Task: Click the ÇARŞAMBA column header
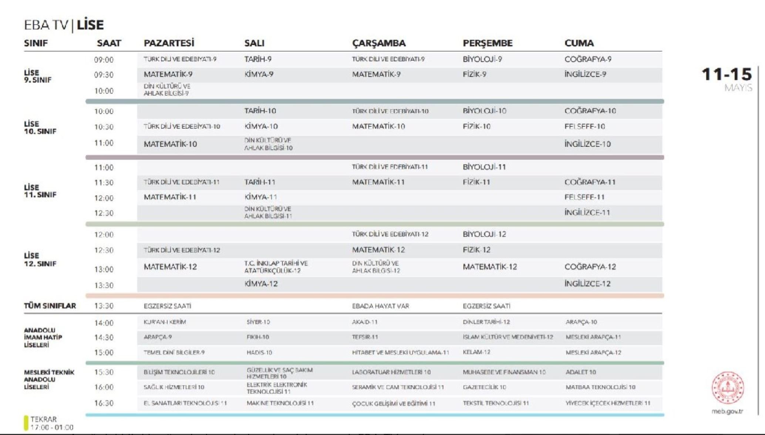378,43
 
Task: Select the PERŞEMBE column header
487,43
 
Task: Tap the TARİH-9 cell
258,59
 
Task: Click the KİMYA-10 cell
261,126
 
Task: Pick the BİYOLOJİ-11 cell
484,167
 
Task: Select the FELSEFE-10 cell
584,126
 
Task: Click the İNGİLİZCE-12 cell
587,284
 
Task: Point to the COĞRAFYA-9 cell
588,59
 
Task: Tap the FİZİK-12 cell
476,250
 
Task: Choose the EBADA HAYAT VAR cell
380,306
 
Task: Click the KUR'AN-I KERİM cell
165,322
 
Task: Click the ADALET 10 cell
580,372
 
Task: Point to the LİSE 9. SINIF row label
37,76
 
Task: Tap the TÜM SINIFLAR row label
50,306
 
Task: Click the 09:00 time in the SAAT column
104,60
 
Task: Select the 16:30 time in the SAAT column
104,403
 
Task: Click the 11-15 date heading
727,74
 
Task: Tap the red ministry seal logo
728,388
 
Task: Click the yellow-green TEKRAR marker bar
26,423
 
